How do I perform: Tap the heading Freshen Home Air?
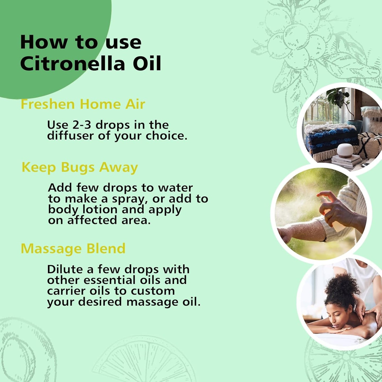point(83,104)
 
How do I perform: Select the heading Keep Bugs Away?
point(80,168)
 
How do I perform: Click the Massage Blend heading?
point(73,249)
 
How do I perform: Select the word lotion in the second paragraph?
point(100,210)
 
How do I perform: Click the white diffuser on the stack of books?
point(345,150)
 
